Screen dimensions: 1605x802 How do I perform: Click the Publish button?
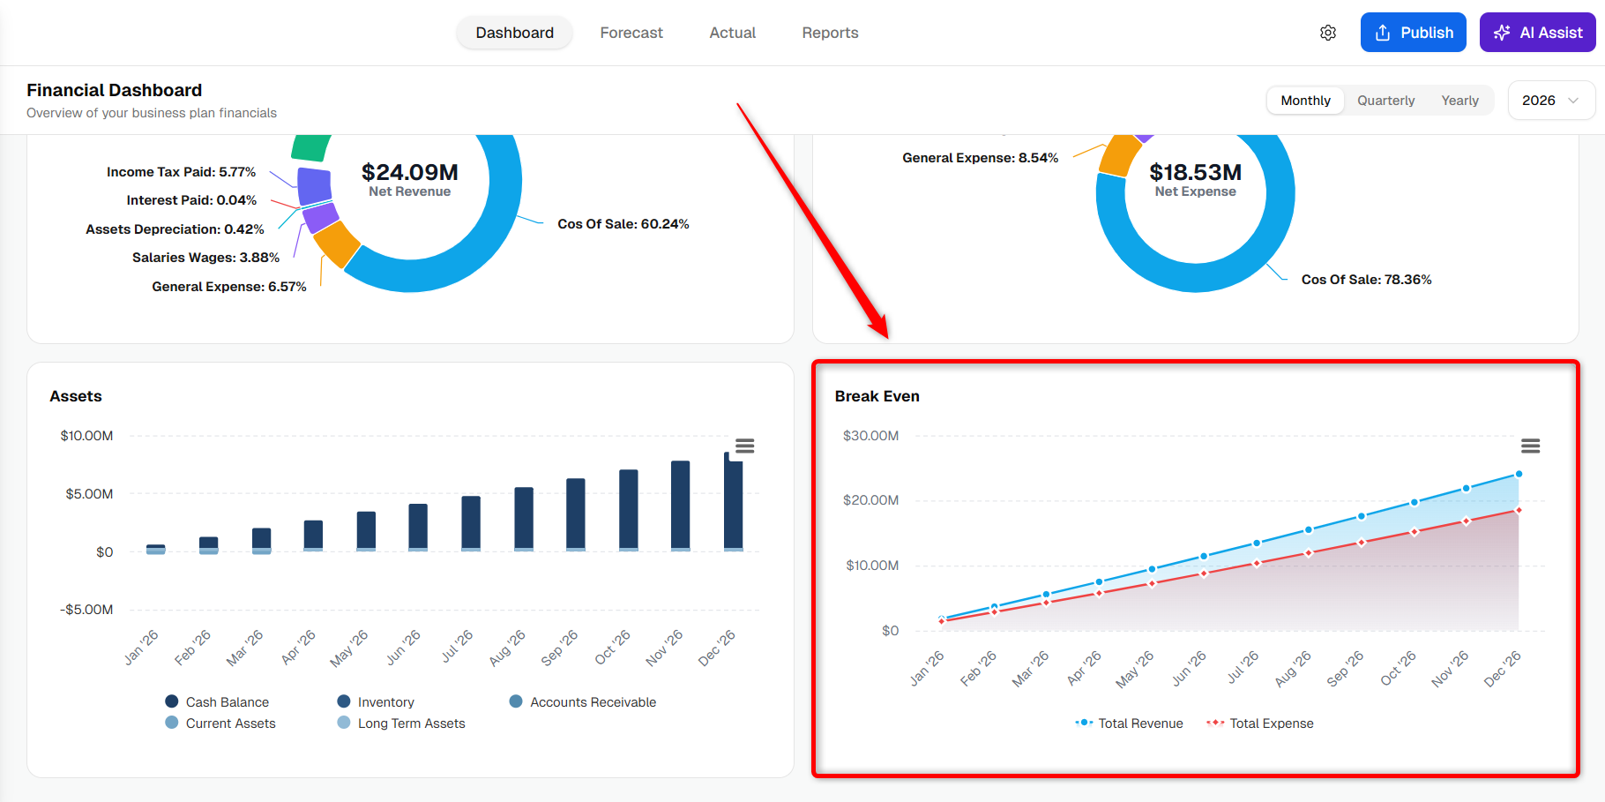[x=1413, y=33]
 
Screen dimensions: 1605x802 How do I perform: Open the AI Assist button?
[x=1537, y=33]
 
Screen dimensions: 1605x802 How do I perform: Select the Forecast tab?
[x=631, y=33]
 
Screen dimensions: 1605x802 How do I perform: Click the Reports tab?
[x=830, y=33]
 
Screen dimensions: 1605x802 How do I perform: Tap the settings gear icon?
[x=1328, y=33]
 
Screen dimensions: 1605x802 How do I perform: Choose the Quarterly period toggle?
[x=1385, y=101]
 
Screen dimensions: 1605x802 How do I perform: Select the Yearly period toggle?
[x=1459, y=101]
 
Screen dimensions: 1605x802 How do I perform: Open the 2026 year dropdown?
[x=1551, y=101]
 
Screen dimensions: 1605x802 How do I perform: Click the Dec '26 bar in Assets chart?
[x=734, y=502]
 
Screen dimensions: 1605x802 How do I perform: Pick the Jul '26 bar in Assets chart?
[x=471, y=523]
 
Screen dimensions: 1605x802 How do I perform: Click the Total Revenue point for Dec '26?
[x=1519, y=474]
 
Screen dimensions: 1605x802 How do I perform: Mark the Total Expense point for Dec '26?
[x=1519, y=510]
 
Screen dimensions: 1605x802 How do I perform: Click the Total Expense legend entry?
[x=1260, y=723]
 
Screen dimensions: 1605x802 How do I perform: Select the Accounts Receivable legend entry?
[x=583, y=702]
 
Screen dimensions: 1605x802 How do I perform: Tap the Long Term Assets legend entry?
[x=401, y=723]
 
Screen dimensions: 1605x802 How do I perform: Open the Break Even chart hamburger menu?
[x=1531, y=446]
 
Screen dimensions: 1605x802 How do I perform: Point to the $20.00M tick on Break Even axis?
[x=870, y=500]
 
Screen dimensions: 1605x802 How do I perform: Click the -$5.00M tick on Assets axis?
[x=86, y=610]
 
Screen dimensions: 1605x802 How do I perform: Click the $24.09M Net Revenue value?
[x=410, y=172]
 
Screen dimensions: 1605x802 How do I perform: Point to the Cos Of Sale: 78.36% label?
[x=1366, y=280]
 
